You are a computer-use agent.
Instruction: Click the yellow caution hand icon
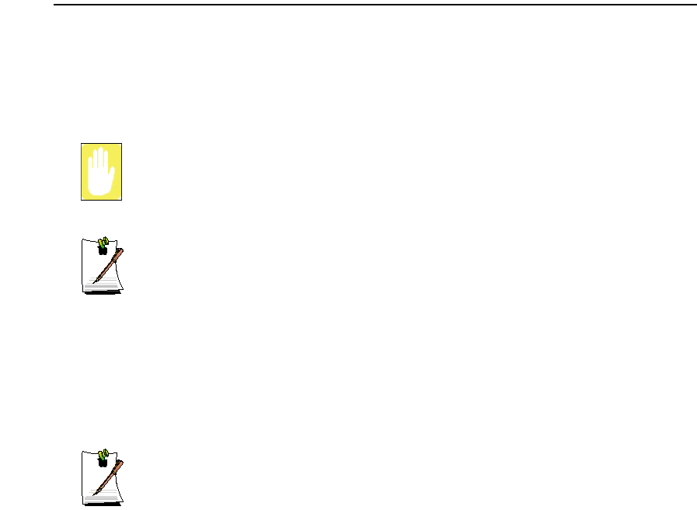pyautogui.click(x=101, y=172)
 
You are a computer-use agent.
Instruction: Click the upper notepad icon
pyautogui.click(x=103, y=266)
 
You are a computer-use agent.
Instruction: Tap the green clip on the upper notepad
pyautogui.click(x=103, y=243)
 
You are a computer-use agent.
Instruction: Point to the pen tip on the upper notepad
pyautogui.click(x=95, y=281)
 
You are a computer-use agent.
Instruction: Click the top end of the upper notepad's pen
pyautogui.click(x=121, y=250)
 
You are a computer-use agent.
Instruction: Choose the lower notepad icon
pyautogui.click(x=103, y=476)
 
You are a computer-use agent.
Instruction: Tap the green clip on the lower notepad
pyautogui.click(x=103, y=452)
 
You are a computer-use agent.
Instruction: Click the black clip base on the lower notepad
pyautogui.click(x=102, y=462)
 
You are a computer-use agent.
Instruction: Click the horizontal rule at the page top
pyautogui.click(x=373, y=5)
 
